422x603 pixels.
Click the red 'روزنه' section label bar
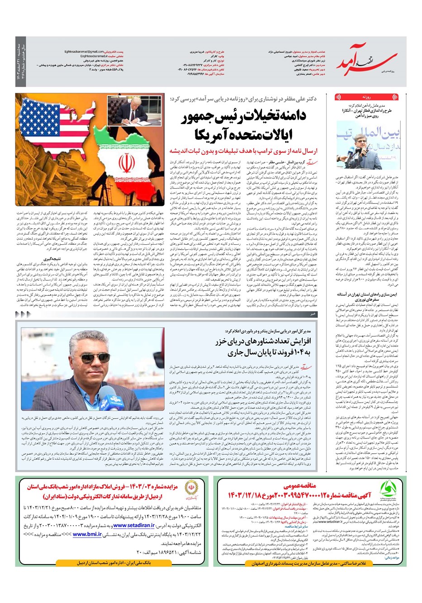pos(367,97)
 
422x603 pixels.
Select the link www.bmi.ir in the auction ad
pos(86,534)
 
